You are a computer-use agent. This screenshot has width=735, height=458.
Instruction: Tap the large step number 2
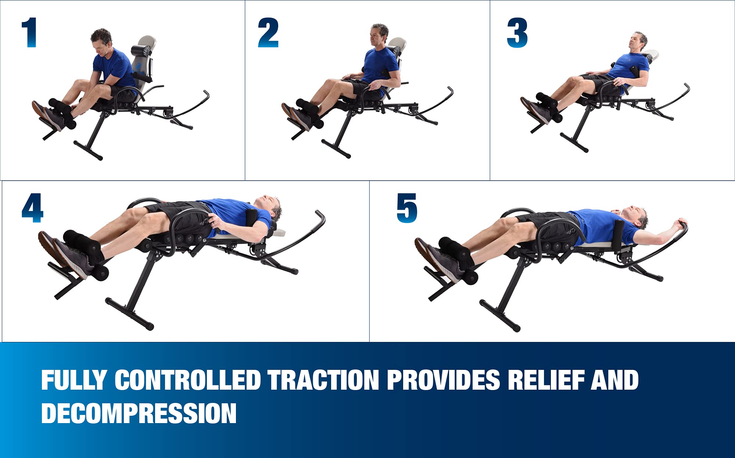(268, 33)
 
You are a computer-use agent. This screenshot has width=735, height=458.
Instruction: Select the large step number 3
(517, 33)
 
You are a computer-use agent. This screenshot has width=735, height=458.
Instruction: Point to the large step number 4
(33, 208)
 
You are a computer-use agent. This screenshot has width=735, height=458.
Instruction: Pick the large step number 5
(407, 208)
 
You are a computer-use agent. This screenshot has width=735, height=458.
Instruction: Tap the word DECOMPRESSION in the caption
(139, 413)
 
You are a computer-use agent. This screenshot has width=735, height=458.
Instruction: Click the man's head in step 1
(101, 41)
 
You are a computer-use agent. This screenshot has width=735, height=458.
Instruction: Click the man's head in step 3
(639, 42)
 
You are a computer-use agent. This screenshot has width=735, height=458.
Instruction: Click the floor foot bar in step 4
(129, 313)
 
